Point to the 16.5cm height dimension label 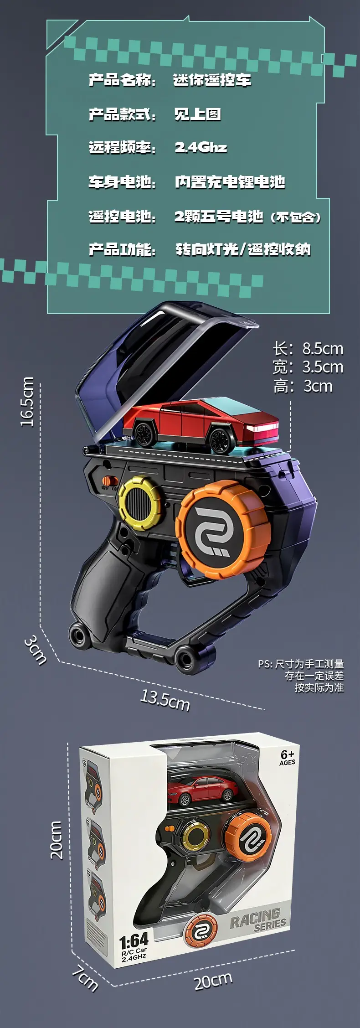27,401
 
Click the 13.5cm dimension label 165,700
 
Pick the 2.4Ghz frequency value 201,147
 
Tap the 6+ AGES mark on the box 288,758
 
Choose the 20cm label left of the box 56,840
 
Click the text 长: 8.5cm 308,349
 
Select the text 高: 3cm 303,386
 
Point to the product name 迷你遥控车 212,80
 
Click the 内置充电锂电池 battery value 230,182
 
